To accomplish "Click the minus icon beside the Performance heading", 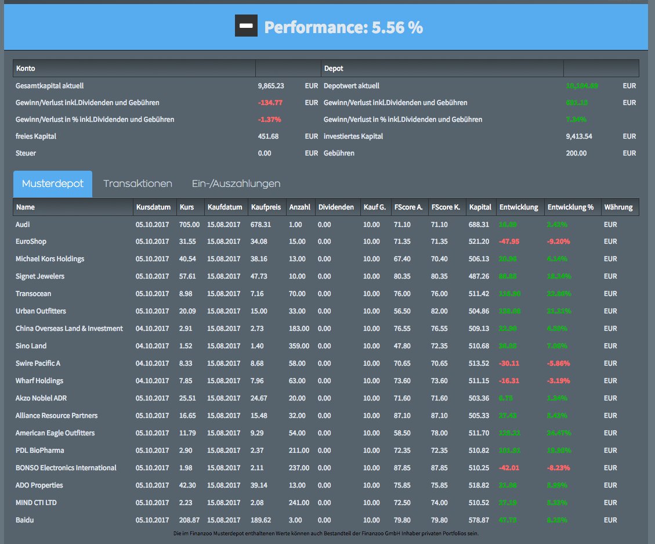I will tap(245, 26).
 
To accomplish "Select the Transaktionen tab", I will tap(137, 183).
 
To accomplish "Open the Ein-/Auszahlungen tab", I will tap(236, 183).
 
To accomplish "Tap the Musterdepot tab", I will tap(53, 183).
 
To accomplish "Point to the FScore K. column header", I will tap(446, 207).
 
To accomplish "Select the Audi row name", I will tap(23, 224).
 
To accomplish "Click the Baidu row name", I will tap(24, 520).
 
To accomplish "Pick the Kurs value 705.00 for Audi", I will tap(190, 224).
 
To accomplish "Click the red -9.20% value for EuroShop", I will tap(559, 242).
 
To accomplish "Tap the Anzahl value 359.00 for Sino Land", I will tap(299, 346).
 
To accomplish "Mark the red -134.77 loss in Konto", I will tap(270, 103).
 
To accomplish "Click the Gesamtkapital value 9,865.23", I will tap(271, 86).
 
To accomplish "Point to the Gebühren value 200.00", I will tap(576, 153).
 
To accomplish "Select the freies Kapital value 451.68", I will tap(268, 136).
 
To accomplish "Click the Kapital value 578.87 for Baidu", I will tap(480, 520).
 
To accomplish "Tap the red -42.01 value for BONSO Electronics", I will tap(509, 468).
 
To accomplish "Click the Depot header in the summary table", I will tap(334, 69).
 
